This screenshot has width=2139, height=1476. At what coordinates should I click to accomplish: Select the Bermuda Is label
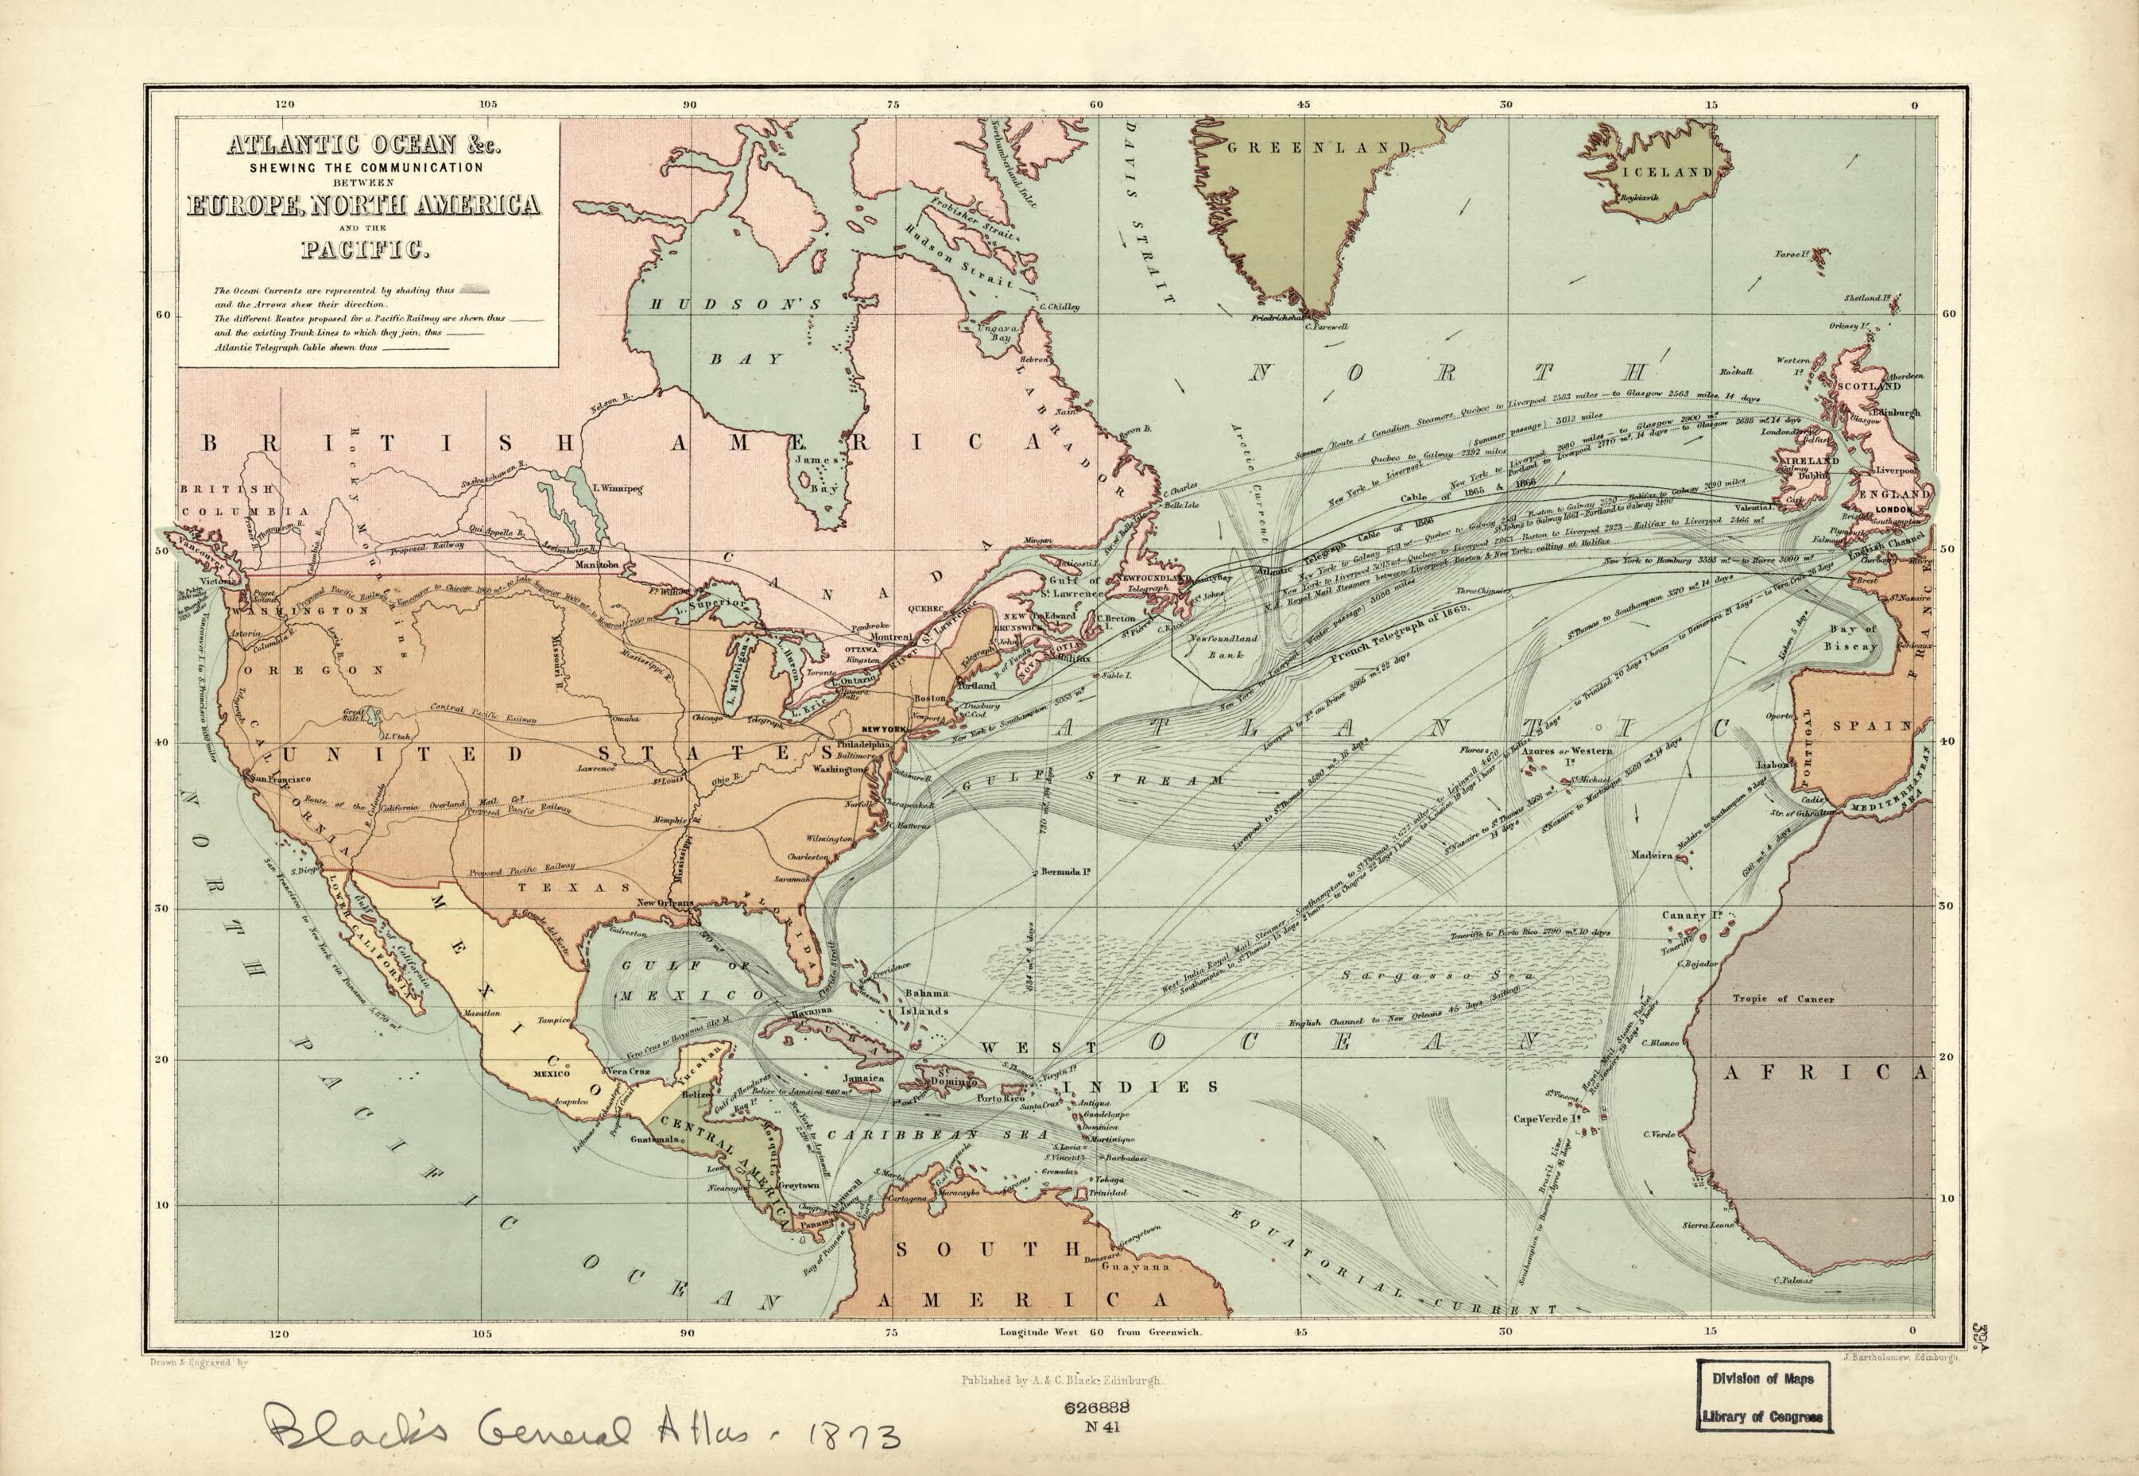click(1064, 871)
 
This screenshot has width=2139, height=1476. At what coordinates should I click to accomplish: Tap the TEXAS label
click(573, 887)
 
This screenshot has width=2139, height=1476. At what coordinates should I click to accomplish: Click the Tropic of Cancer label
click(1783, 999)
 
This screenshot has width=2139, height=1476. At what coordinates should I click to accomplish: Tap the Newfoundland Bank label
click(1222, 645)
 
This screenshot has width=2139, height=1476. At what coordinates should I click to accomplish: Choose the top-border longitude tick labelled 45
click(1303, 104)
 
